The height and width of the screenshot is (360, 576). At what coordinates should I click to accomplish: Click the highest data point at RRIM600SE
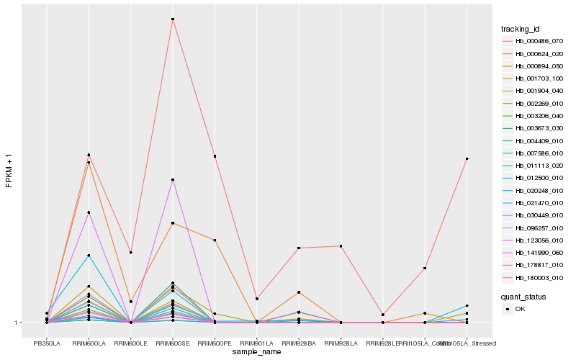click(x=173, y=19)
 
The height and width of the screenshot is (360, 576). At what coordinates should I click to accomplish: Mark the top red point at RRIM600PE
click(x=215, y=156)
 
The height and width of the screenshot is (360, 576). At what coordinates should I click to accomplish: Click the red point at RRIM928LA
click(x=341, y=246)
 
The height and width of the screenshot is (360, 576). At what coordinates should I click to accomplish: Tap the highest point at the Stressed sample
click(x=467, y=158)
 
